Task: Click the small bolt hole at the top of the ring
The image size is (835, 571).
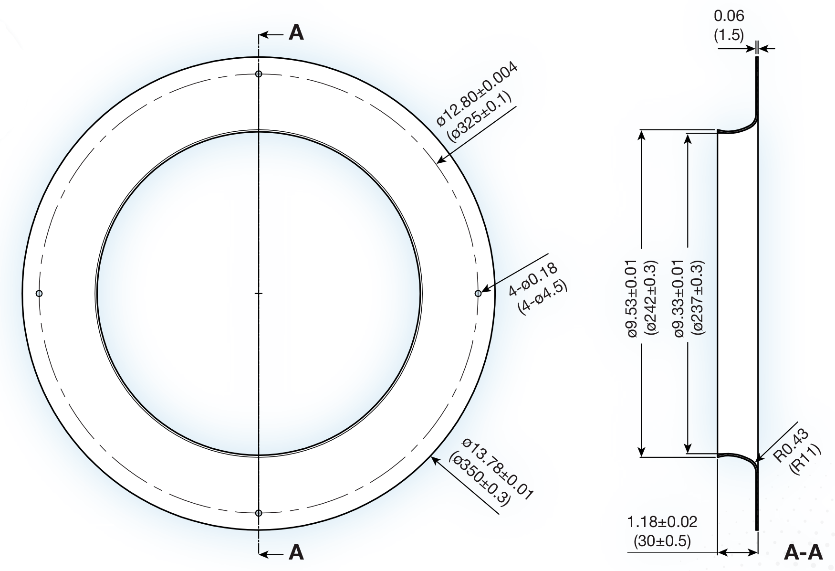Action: [259, 74]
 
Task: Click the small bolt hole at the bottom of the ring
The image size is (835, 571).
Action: [259, 513]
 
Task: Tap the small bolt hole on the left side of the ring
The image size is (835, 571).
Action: [39, 293]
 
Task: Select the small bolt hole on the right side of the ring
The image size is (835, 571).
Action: [478, 293]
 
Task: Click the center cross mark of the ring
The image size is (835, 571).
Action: [259, 293]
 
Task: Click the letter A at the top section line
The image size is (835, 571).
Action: [296, 33]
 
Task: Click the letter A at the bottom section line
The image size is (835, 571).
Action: [296, 552]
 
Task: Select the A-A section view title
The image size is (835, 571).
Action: [804, 553]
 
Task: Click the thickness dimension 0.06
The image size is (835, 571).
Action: [729, 16]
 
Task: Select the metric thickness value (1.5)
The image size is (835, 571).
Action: [729, 35]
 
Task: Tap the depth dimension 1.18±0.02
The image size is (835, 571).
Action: [662, 521]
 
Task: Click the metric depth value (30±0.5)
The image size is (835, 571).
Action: [662, 541]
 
